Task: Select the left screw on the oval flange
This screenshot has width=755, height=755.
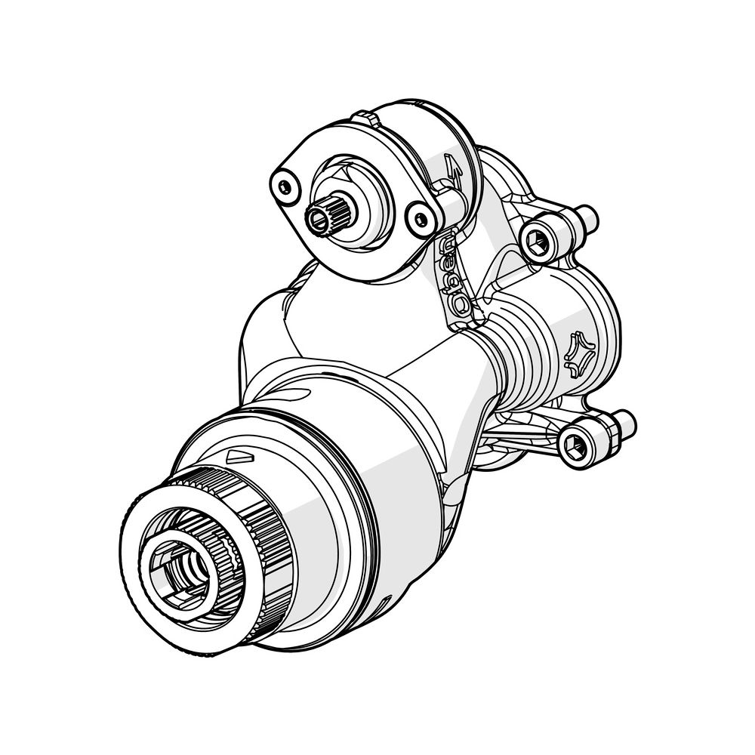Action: pos(284,186)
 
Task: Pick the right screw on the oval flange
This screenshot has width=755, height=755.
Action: pos(420,220)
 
